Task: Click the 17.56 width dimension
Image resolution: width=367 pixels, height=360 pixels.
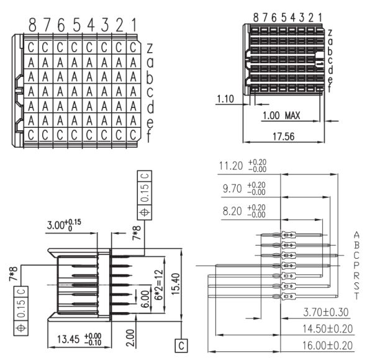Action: click(283, 137)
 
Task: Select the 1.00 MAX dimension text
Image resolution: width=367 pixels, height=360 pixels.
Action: click(281, 115)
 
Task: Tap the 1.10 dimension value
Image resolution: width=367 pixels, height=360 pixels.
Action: click(225, 99)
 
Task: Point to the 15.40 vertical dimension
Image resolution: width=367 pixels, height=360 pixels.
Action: click(176, 284)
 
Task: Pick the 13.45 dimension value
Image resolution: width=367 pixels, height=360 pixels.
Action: click(68, 339)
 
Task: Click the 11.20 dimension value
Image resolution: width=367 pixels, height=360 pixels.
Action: click(228, 166)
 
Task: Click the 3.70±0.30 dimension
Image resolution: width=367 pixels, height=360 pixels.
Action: click(326, 312)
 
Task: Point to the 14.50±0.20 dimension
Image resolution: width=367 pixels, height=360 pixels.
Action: click(328, 328)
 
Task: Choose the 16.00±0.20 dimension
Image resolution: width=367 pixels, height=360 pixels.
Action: click(328, 345)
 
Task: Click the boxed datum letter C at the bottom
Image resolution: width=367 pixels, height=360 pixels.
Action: click(181, 346)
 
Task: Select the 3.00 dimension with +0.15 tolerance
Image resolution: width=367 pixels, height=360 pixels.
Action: click(64, 225)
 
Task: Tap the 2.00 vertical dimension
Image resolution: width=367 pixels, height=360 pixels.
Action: click(130, 338)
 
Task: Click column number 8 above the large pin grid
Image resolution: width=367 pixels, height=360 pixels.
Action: click(32, 25)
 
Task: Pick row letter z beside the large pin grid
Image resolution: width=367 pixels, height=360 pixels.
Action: click(150, 48)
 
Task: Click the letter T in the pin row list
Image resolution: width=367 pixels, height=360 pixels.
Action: click(356, 296)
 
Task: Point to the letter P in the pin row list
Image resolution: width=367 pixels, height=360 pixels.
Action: click(356, 265)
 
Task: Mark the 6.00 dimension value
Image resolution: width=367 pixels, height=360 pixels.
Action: click(145, 299)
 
